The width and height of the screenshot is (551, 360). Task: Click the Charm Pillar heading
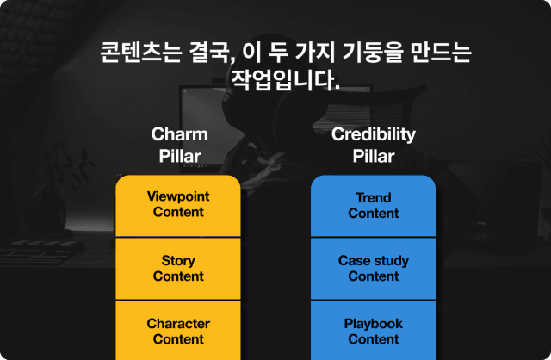[x=180, y=145]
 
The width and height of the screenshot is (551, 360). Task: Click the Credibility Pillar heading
[x=373, y=145]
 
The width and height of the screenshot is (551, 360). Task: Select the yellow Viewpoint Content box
[x=178, y=206]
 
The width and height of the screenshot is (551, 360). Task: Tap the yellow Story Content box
[x=178, y=269]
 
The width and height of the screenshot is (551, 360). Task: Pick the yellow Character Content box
[x=178, y=331]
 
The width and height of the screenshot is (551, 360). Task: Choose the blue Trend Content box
[x=373, y=206]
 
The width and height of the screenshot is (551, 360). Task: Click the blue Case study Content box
[x=373, y=269]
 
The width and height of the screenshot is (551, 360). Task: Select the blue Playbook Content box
[x=373, y=331]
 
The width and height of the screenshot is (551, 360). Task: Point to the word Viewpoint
[x=178, y=196]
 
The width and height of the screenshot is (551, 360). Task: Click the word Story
[x=178, y=261]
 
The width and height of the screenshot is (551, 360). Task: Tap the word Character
[x=178, y=324]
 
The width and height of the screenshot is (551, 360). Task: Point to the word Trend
[x=373, y=197]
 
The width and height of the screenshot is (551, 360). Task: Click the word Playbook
[x=373, y=324]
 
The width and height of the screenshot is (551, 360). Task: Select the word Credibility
[x=373, y=134]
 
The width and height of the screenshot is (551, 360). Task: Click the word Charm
[x=180, y=134]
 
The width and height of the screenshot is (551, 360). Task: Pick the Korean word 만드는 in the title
[x=441, y=53]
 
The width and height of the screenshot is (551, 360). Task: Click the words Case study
[x=373, y=261]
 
